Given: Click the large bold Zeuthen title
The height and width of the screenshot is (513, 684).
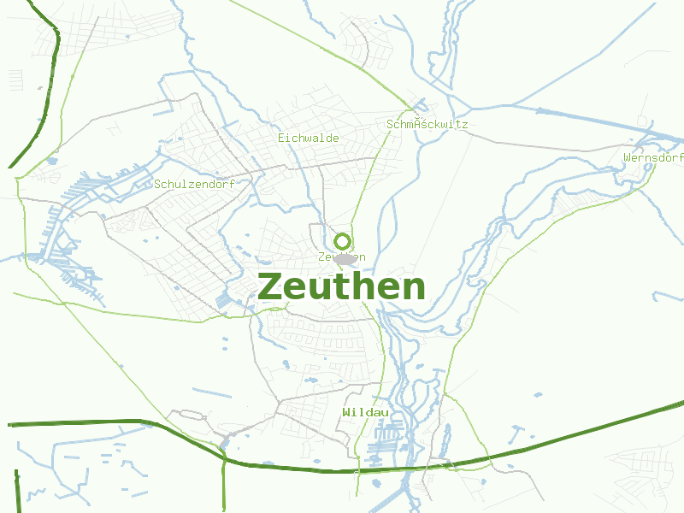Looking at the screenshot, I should (341, 287).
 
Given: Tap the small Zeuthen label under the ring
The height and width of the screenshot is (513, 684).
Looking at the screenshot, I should (341, 257).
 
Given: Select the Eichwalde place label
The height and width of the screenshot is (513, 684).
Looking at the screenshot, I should (309, 138).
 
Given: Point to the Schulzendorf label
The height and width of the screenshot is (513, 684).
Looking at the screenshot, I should (194, 184).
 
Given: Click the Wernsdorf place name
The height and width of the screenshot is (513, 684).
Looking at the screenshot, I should (653, 158).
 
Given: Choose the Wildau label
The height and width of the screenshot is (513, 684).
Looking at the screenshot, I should (365, 412).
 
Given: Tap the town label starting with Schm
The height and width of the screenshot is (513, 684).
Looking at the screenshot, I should (427, 124).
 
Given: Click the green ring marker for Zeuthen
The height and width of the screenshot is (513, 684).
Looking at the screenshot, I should (343, 241).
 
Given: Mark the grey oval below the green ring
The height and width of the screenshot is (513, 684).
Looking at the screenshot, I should (345, 258).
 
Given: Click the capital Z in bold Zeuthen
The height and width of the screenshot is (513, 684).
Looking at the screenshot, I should (271, 287).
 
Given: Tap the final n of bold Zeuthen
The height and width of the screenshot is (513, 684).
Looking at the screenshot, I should (412, 289).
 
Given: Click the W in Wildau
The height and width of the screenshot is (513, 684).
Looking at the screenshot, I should (345, 412).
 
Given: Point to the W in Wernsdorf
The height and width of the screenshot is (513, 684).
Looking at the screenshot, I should (628, 158).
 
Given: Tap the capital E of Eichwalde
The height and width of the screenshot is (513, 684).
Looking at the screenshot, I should (281, 138).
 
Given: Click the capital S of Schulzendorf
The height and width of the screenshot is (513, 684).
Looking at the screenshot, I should (158, 184).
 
